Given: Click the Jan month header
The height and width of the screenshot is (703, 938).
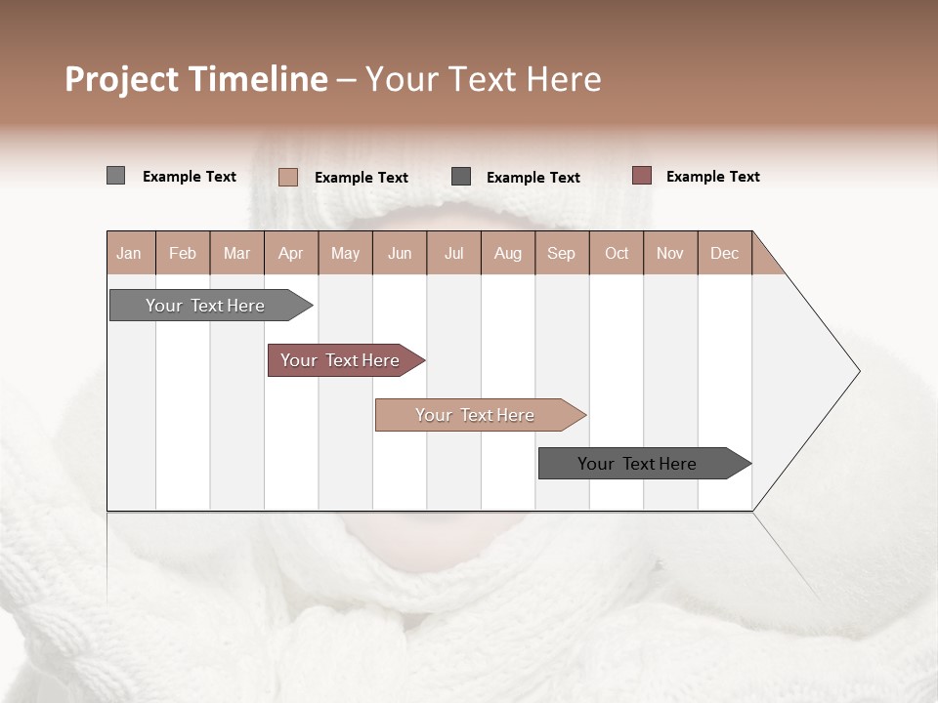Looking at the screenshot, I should click(x=129, y=254).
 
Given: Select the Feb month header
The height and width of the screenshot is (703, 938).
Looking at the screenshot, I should click(x=183, y=254).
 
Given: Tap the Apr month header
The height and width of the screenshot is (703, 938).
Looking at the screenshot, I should click(x=291, y=254).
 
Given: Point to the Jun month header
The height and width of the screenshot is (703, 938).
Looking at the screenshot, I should click(x=400, y=254).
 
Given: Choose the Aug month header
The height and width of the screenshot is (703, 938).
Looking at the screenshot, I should click(x=508, y=254).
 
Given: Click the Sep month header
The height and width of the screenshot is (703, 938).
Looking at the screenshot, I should click(x=562, y=254).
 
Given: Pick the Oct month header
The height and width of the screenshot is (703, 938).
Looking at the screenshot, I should click(x=617, y=254).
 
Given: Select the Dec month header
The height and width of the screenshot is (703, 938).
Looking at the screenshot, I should click(x=725, y=254).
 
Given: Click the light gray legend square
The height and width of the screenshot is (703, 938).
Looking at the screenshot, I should click(x=115, y=176).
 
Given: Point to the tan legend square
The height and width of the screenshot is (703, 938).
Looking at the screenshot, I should click(x=288, y=177).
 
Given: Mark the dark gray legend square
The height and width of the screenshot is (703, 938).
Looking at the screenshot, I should click(x=461, y=177).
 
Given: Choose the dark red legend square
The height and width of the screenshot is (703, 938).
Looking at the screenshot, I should click(x=641, y=176).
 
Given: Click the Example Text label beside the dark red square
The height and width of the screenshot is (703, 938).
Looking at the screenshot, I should click(x=712, y=177).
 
